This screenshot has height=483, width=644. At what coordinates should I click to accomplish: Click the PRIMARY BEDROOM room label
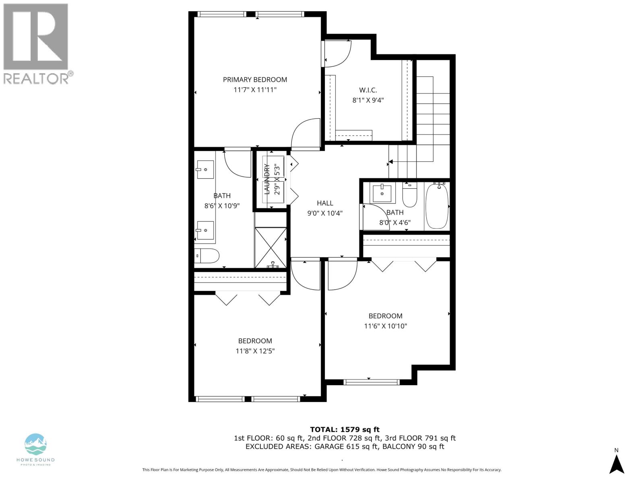click(255, 79)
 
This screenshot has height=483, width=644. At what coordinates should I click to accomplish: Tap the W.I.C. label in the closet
click(368, 90)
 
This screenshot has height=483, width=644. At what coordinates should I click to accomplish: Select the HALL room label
click(325, 203)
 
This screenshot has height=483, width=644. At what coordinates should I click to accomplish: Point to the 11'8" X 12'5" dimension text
click(255, 351)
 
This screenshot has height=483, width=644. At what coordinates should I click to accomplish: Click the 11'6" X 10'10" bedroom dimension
click(385, 326)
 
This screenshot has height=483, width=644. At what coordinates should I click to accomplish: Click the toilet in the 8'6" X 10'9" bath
click(207, 256)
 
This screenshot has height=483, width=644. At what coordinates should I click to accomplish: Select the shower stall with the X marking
click(271, 248)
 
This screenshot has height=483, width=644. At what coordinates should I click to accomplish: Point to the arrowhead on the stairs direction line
click(390, 163)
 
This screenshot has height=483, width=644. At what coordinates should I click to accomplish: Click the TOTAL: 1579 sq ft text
click(345, 429)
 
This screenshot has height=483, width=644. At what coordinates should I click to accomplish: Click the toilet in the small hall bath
click(410, 195)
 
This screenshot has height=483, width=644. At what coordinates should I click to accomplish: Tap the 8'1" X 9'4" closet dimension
click(368, 100)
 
